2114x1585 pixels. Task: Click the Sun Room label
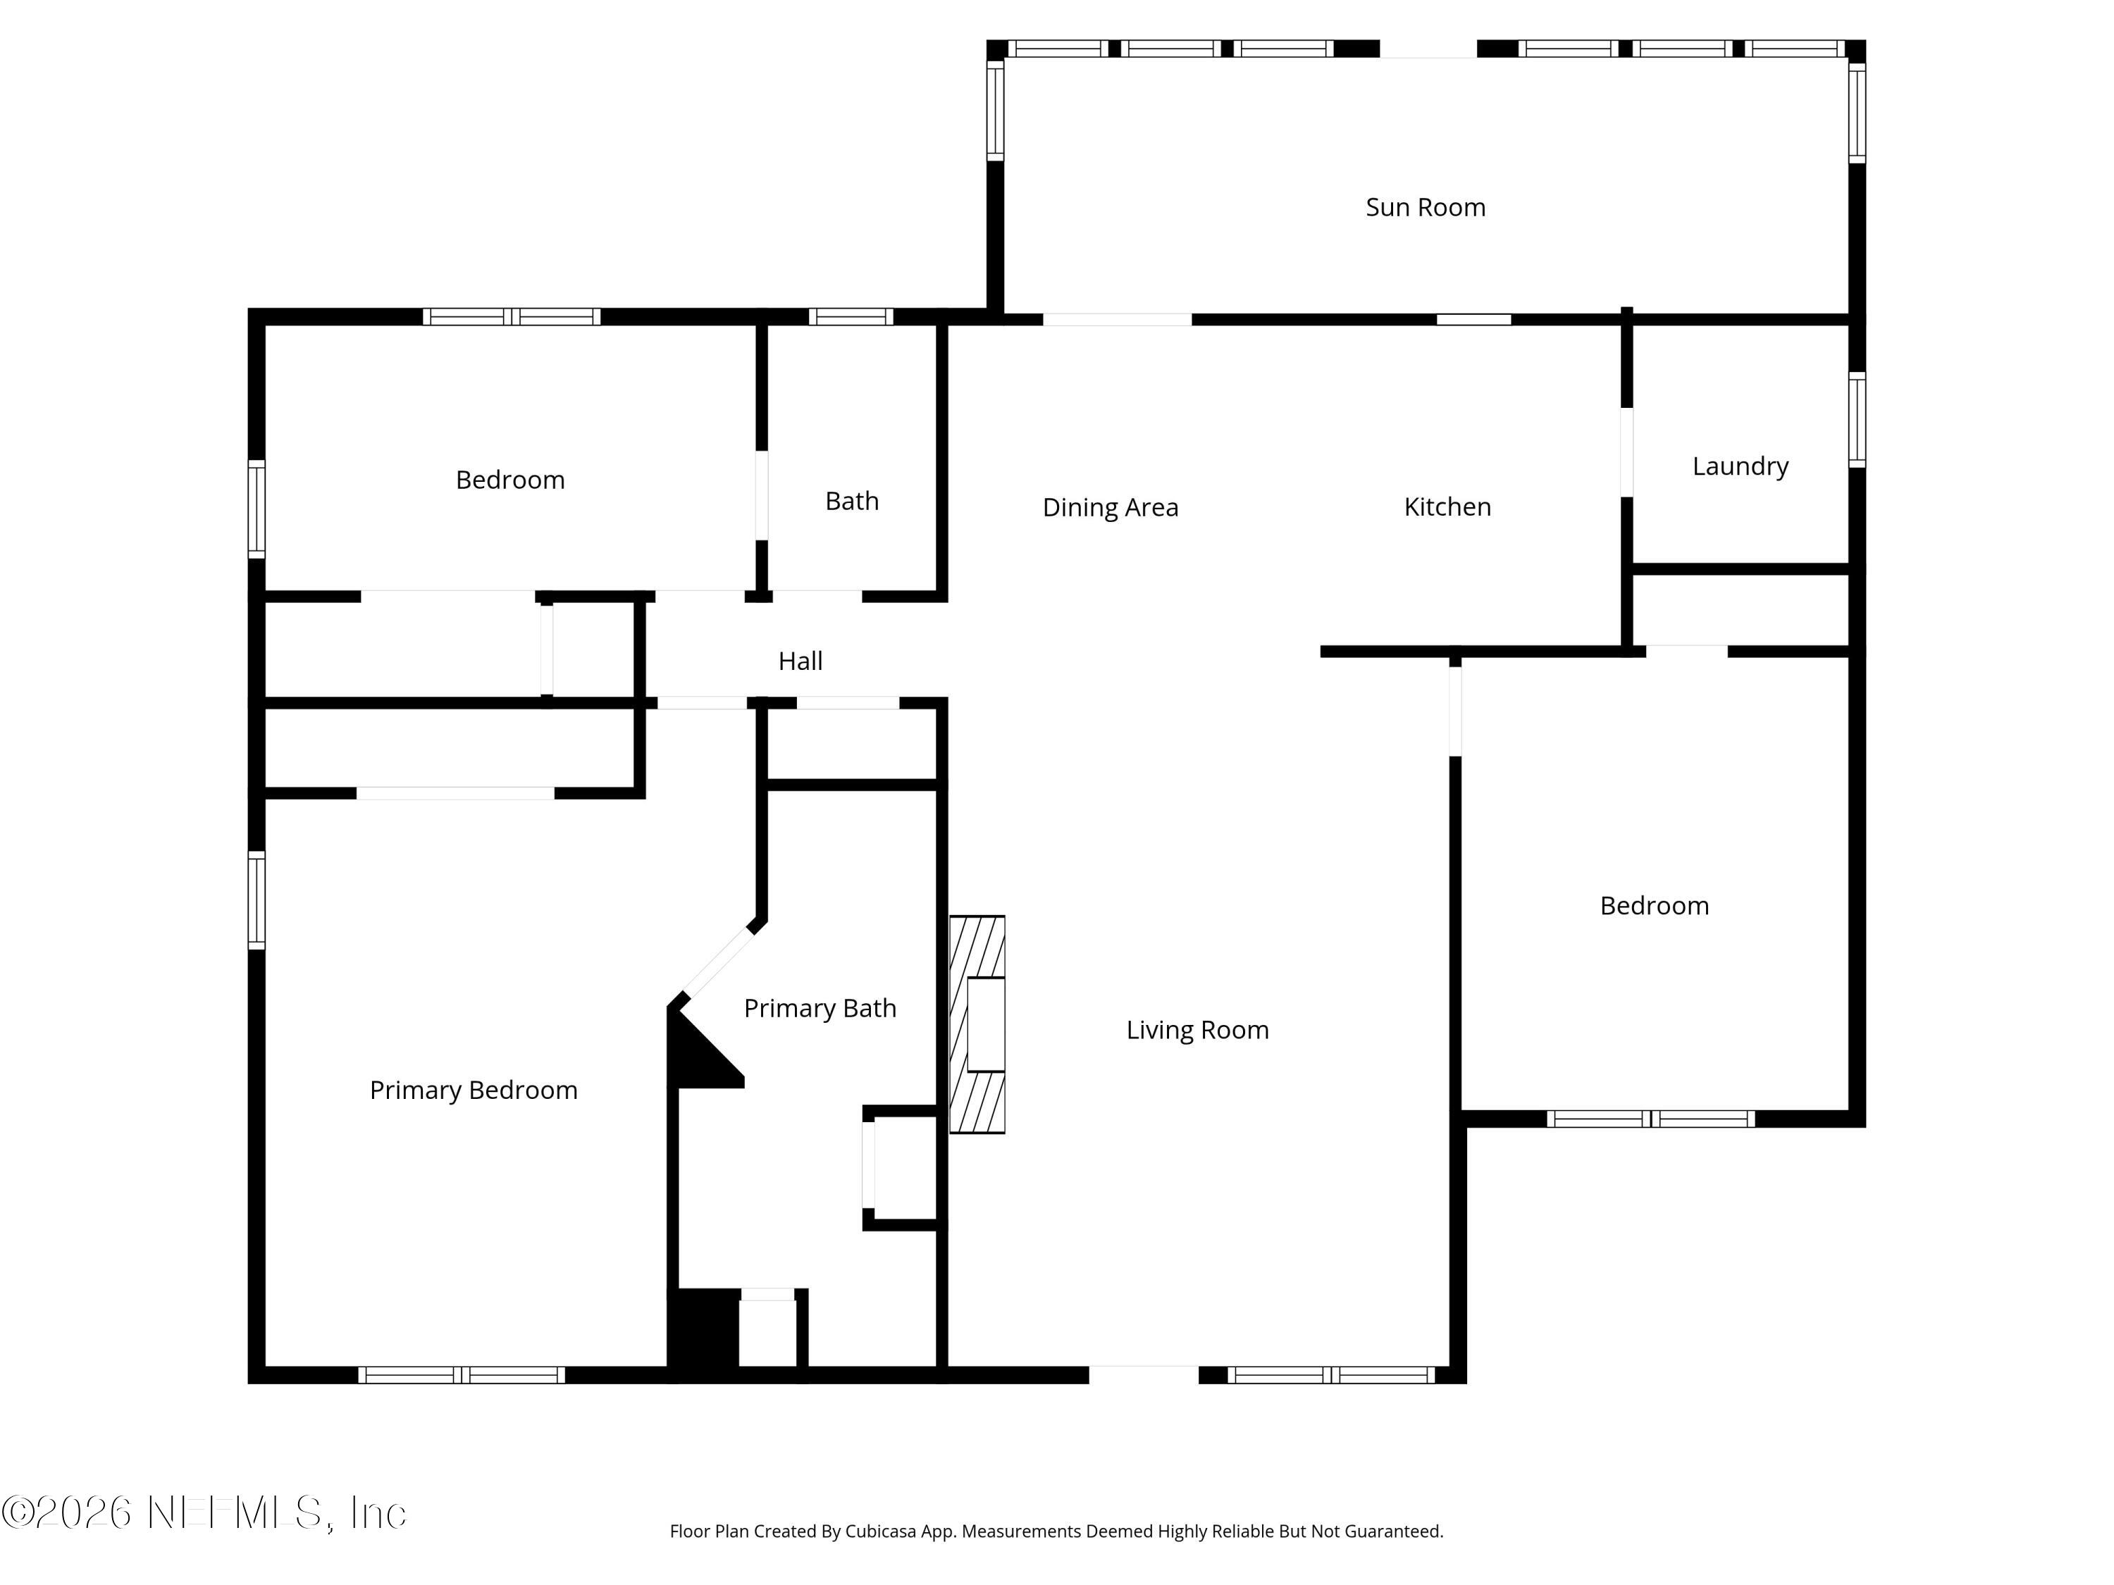click(x=1425, y=207)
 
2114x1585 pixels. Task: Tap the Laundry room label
click(x=1739, y=466)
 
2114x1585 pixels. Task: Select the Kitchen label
click(x=1447, y=506)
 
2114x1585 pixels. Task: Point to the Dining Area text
click(x=1110, y=507)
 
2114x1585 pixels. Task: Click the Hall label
click(x=800, y=661)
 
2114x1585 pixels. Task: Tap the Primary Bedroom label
click(x=473, y=1090)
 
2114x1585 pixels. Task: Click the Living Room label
click(x=1197, y=1030)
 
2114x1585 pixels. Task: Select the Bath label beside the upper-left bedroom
click(x=851, y=501)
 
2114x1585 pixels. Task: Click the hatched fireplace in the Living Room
click(x=976, y=1024)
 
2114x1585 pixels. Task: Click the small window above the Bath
click(x=851, y=316)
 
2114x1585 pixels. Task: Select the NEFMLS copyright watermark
click(x=204, y=1512)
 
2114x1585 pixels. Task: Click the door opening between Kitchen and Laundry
click(x=1626, y=452)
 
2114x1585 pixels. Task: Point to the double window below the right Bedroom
click(x=1650, y=1119)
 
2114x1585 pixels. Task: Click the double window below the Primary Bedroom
click(x=462, y=1375)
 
